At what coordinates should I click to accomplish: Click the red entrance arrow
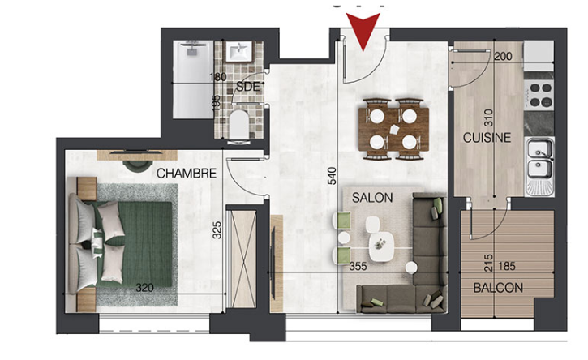point(363,28)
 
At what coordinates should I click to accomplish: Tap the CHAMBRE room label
point(187,174)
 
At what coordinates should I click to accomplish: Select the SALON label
point(372,198)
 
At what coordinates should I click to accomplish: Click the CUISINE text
point(487,138)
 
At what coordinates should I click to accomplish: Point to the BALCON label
point(498,288)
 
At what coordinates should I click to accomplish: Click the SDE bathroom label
point(248,87)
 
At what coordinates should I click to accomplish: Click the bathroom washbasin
point(239,51)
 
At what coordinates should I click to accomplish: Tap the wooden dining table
point(393,129)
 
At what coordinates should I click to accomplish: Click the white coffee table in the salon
point(381,246)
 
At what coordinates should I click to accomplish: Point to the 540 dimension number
point(333,176)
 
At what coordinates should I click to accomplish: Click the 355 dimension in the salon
point(358,266)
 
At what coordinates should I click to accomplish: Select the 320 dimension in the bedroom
point(144,288)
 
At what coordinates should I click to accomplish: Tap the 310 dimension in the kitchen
point(488,118)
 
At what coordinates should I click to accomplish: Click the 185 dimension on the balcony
point(507,266)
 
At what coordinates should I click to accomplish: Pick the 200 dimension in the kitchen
point(503,56)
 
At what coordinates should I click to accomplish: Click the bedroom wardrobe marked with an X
point(244,259)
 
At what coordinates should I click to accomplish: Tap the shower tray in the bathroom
point(194,80)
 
